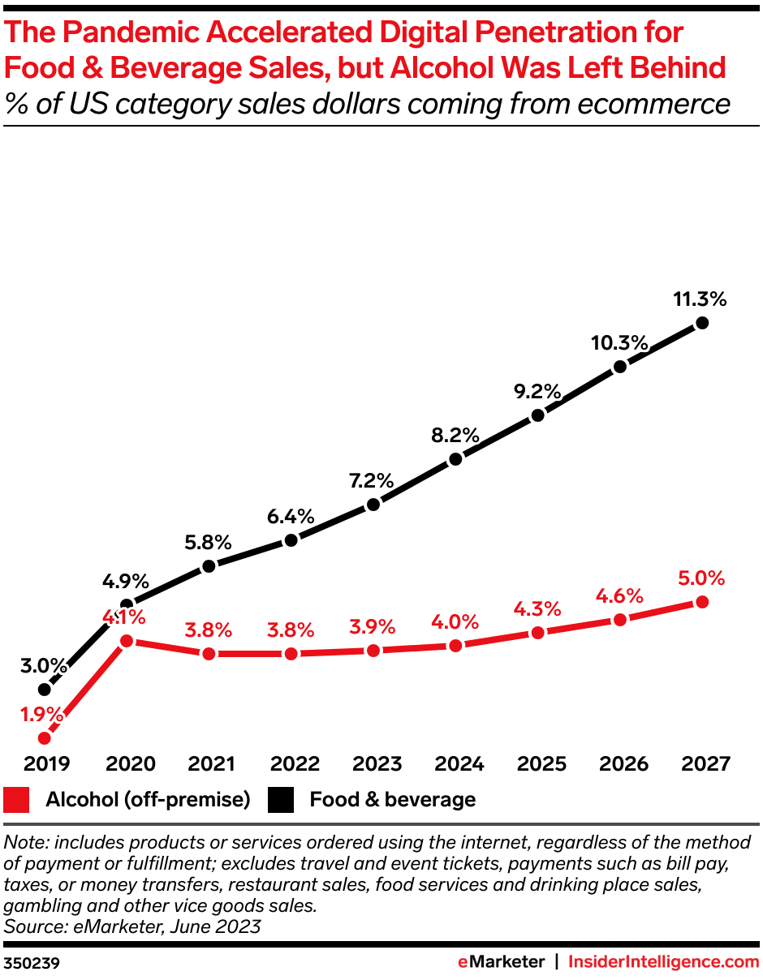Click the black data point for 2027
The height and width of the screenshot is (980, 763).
pos(702,323)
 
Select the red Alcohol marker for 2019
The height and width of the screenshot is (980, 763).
pos(45,738)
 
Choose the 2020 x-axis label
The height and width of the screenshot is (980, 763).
pos(127,763)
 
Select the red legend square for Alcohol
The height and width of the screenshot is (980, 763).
pos(18,800)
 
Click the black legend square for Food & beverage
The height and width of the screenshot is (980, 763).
pos(282,800)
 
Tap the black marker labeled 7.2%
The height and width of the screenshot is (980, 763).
pos(373,505)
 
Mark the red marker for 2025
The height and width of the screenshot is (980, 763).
pos(537,633)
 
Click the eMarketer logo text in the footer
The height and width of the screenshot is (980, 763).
pos(500,962)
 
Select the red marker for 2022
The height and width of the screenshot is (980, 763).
pos(291,653)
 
